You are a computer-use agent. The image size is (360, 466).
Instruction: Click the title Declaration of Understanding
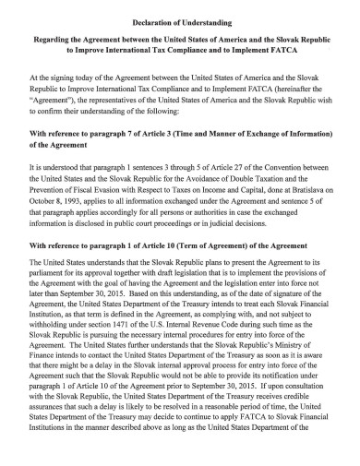tap(179, 21)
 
